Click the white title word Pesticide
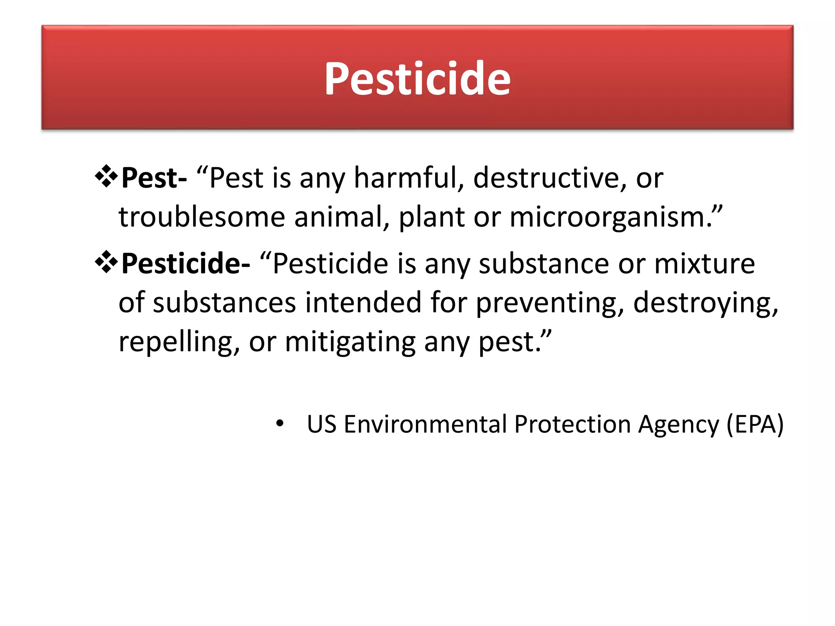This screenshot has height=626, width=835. [417, 78]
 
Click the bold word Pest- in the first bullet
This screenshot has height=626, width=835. [154, 178]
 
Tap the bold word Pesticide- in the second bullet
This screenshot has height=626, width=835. [186, 264]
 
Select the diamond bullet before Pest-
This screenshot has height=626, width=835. [106, 176]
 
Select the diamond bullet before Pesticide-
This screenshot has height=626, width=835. [106, 262]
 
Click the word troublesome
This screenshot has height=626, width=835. [202, 217]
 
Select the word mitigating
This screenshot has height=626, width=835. [350, 342]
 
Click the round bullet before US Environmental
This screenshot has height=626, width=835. [279, 423]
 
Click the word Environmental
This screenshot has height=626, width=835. [426, 424]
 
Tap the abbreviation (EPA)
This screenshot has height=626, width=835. [755, 424]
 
